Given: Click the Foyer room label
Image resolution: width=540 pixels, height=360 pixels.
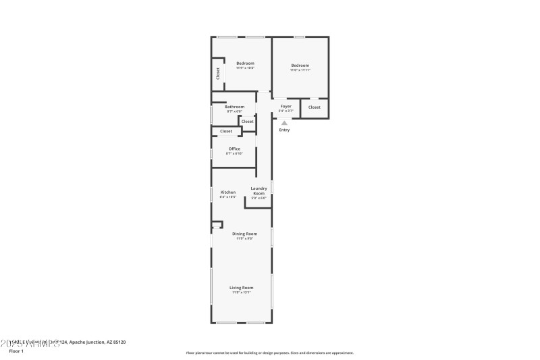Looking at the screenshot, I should coord(286,106).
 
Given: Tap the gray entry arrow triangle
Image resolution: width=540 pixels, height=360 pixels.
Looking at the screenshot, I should coord(285,123).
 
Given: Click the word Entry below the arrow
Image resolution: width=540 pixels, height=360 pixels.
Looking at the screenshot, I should coord(284,130).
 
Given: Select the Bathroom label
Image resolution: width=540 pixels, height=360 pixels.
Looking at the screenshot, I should coord(235,107).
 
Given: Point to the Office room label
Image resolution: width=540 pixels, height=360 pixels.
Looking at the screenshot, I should coord(234,149).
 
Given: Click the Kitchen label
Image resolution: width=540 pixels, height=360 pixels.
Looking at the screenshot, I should coord(228,192).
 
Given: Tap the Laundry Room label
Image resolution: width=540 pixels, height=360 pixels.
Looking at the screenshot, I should coord(259,190).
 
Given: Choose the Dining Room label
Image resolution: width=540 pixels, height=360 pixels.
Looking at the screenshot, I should coord(244,234).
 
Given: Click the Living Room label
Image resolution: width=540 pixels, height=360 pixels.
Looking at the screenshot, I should coord(241,288).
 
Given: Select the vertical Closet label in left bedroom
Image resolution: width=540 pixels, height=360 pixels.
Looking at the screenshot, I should coord(217,74).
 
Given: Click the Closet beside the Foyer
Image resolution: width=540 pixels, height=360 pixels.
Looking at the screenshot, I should coord(315,107).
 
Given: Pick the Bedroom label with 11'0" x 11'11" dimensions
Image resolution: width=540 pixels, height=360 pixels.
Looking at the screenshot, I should coord(300,65).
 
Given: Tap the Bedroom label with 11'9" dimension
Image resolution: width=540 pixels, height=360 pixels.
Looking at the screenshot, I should coord(245,63).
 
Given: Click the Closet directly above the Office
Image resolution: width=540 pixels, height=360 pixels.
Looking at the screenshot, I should coord(225,131).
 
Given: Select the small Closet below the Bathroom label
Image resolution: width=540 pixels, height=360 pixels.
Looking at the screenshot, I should coord(248,122).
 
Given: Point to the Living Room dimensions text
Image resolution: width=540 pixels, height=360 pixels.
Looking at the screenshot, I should coord(241,292).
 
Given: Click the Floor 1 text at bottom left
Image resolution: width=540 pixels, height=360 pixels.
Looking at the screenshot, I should coord(16,351).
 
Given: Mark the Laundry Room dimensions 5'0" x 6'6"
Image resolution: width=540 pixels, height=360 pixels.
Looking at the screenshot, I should coord(259,198).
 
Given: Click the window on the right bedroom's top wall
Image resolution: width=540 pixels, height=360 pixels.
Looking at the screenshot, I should coord(300,36).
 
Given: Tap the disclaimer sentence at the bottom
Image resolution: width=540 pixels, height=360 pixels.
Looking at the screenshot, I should coord(269,353).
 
